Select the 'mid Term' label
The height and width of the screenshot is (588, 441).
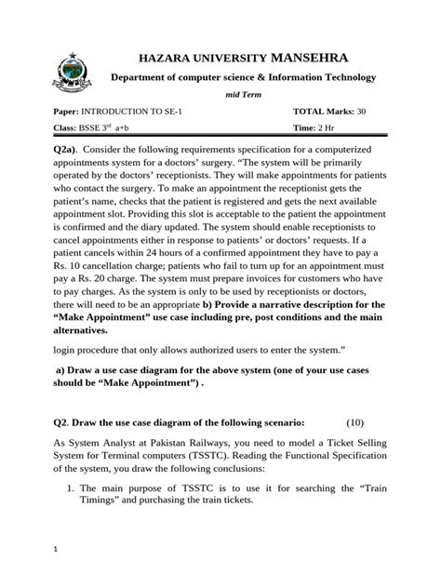pos(245,94)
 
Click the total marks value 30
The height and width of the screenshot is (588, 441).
pos(363,111)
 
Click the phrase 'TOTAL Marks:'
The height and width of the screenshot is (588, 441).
pos(324,111)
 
